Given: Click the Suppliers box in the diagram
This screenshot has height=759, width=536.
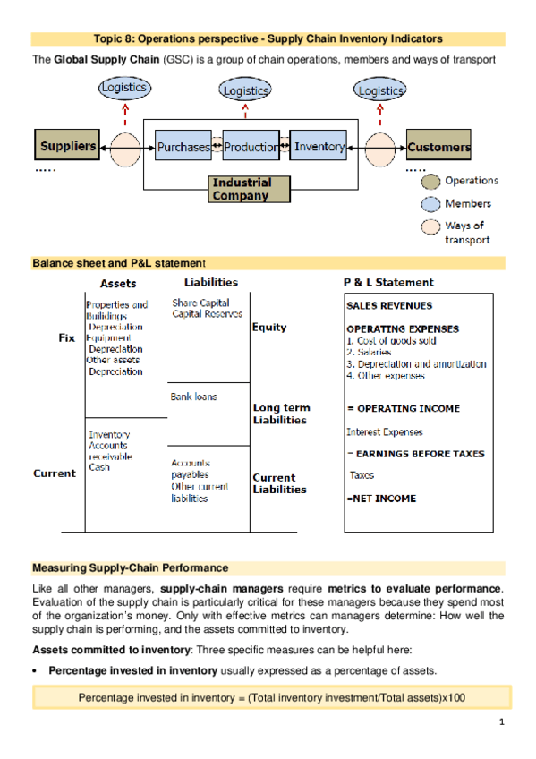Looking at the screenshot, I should (x=67, y=146).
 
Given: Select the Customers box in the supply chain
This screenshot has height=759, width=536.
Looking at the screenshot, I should (x=438, y=146).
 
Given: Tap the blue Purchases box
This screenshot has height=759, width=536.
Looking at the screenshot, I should (x=183, y=147).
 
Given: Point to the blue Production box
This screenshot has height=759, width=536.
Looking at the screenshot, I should (x=251, y=147).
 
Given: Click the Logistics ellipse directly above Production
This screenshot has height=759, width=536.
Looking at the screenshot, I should (x=245, y=90).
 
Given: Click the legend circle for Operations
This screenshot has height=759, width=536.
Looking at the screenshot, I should (x=431, y=181).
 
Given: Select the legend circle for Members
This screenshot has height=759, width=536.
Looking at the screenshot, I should (x=431, y=204).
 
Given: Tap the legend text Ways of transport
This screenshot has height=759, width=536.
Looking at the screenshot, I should (x=466, y=233).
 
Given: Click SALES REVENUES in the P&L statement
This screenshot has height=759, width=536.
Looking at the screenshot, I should (x=389, y=306).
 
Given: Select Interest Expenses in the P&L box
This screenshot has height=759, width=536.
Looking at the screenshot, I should (x=385, y=431).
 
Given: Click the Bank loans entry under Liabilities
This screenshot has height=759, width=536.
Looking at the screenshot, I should (x=193, y=396).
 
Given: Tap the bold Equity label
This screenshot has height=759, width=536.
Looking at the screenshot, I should (x=269, y=328).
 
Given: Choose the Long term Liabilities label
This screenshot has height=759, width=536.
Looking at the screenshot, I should (x=280, y=414).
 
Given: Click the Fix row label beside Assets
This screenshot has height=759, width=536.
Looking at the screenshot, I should (x=67, y=338).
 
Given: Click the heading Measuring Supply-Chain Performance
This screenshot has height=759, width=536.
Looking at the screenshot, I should (x=130, y=568).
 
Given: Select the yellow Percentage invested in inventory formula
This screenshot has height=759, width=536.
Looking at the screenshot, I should (x=271, y=697).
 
